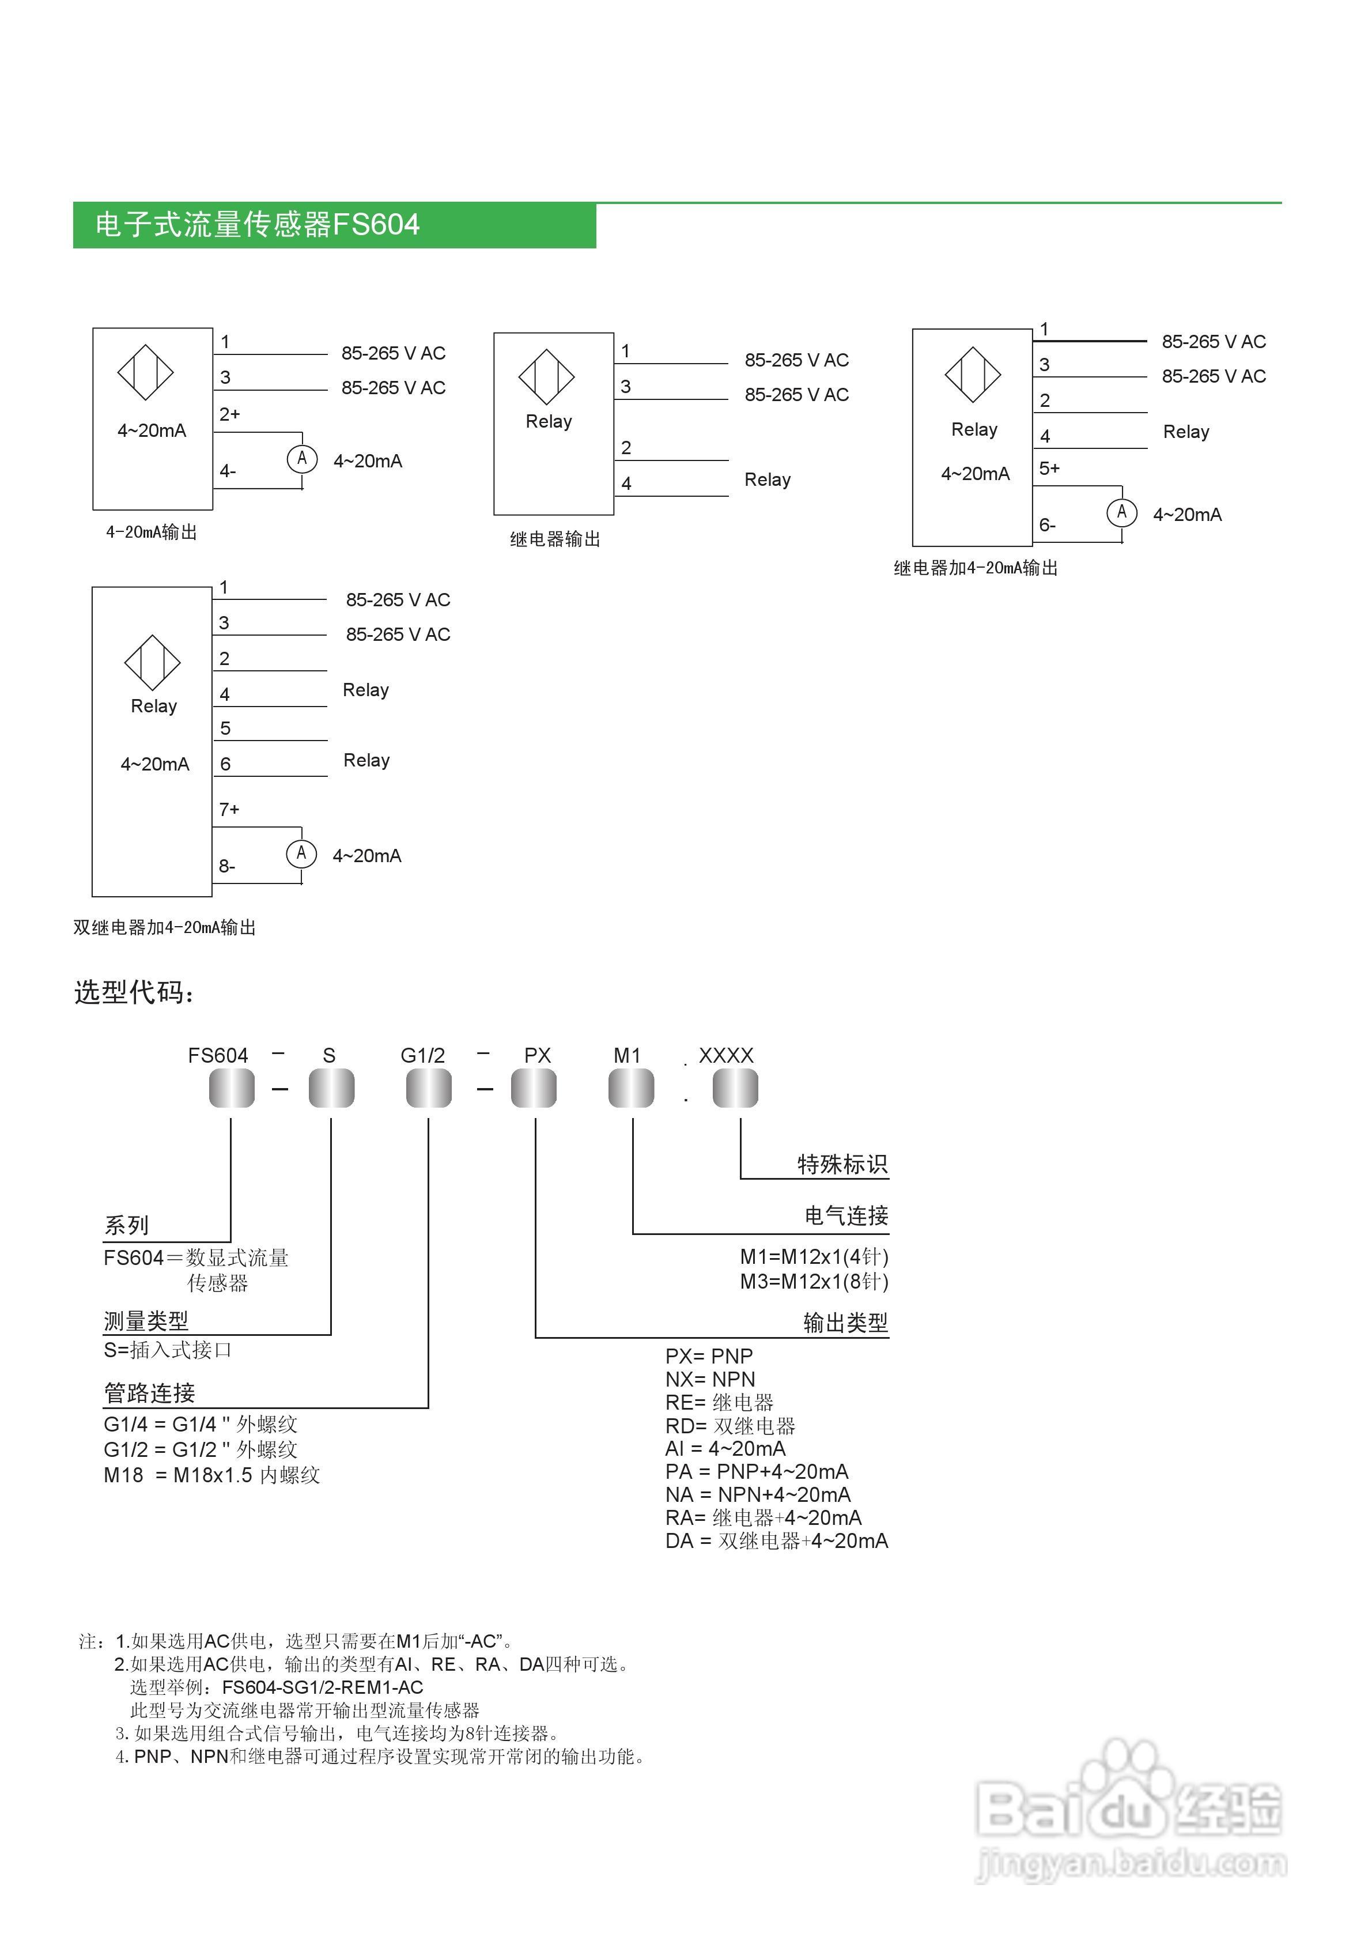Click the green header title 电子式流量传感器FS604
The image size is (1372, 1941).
(x=257, y=225)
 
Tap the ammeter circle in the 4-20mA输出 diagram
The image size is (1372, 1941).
(x=302, y=459)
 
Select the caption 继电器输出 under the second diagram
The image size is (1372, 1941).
(x=554, y=539)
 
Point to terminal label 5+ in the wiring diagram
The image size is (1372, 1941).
(x=1049, y=469)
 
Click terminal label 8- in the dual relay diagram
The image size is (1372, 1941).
(x=226, y=867)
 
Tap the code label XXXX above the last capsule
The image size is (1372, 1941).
(x=725, y=1055)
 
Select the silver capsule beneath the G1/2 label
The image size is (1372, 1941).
(x=429, y=1088)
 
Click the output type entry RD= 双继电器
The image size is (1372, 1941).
(x=730, y=1426)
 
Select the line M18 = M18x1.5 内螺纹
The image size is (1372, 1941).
(x=211, y=1475)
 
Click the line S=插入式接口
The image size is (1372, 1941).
(x=167, y=1350)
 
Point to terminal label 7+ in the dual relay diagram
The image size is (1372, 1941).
(x=229, y=810)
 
